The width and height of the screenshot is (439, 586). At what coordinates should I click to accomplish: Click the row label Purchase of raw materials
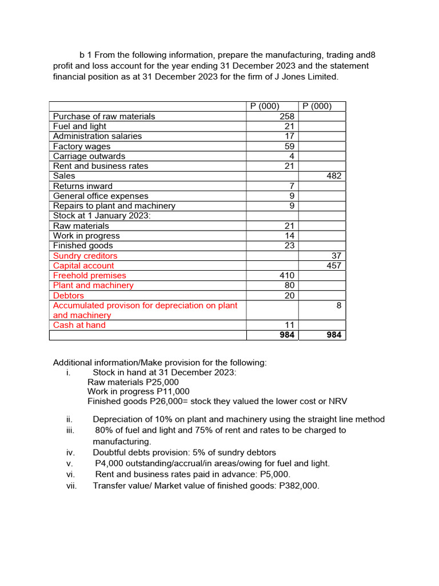(104, 116)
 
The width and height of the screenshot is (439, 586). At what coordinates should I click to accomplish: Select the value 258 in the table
(287, 116)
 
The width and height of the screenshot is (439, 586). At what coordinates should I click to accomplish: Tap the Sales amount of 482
(334, 176)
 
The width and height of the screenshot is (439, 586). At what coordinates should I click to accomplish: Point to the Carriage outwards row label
(89, 156)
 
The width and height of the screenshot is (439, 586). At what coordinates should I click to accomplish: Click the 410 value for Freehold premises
(287, 276)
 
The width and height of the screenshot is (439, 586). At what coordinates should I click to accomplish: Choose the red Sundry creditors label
(85, 256)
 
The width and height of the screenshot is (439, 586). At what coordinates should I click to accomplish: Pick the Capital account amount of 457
(334, 266)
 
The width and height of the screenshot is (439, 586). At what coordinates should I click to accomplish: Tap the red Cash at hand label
(79, 325)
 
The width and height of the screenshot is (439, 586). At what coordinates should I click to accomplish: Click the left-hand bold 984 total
(286, 335)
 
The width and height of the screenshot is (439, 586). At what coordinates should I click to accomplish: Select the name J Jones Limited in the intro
(308, 76)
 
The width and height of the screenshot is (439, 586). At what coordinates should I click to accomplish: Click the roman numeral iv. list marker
(71, 453)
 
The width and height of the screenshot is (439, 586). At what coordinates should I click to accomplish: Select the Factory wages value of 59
(289, 146)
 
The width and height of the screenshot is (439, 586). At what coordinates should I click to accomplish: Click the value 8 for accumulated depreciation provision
(339, 306)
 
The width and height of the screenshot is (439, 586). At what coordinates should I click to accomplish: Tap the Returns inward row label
(83, 186)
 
